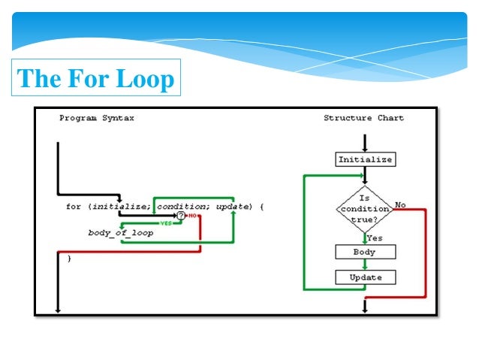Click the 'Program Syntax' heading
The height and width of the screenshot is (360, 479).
[x=97, y=118]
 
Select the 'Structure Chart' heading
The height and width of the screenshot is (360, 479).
[x=363, y=118]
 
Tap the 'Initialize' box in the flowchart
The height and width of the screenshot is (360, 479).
[x=365, y=159]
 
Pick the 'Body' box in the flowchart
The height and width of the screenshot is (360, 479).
[x=365, y=253]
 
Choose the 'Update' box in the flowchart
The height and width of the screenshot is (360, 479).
[x=365, y=277]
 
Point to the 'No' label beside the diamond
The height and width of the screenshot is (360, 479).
[x=400, y=204]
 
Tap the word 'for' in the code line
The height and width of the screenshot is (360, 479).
[x=74, y=206]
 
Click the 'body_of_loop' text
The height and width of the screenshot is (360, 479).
[x=120, y=233]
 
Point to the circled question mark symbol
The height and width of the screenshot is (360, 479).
[x=180, y=216]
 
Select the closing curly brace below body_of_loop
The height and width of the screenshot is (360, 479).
[x=69, y=259]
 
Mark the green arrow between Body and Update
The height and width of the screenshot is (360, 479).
[x=365, y=265]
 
